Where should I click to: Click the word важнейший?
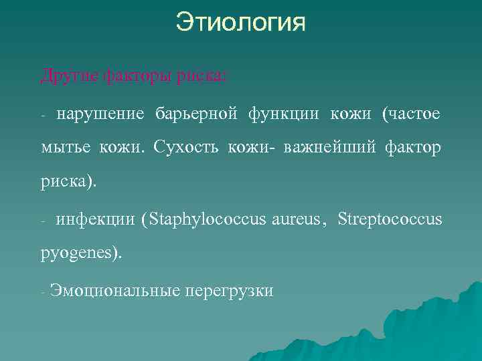pyautogui.click(x=329, y=148)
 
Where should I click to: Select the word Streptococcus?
pyautogui.click(x=390, y=219)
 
